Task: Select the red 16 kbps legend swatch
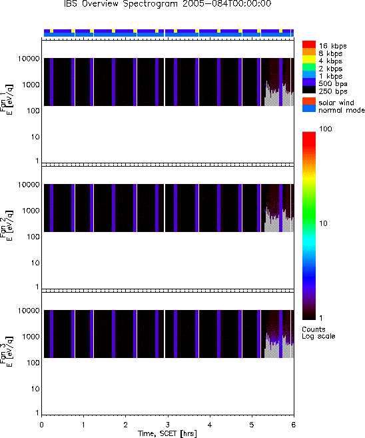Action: point(309,45)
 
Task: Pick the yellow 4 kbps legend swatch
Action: point(309,59)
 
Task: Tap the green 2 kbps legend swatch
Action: point(309,67)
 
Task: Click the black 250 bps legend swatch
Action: point(309,90)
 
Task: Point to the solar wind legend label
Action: point(336,103)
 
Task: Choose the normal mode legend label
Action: point(342,110)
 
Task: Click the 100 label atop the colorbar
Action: point(326,129)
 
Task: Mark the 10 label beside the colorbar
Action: point(323,223)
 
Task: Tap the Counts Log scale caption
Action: point(318,333)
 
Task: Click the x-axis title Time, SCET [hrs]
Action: point(167,433)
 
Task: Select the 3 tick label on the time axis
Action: point(167,425)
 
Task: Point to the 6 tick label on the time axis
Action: point(293,425)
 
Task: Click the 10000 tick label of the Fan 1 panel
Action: point(29,59)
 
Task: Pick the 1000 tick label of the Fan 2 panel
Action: point(31,211)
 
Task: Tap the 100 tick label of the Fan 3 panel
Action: point(33,363)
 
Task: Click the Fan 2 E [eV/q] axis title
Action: point(7,225)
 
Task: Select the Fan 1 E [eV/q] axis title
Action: point(7,100)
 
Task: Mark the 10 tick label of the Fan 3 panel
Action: point(35,389)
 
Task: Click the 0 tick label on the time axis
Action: point(41,425)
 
